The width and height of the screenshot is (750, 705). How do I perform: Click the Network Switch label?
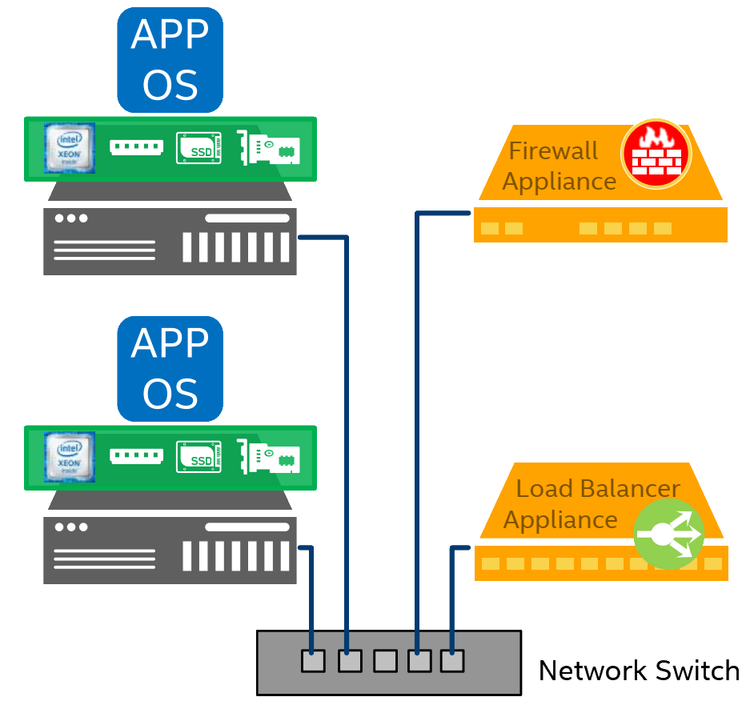pyautogui.click(x=639, y=671)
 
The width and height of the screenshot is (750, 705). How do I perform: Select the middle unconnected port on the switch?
pyautogui.click(x=385, y=661)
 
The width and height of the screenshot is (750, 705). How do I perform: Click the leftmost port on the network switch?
pyautogui.click(x=313, y=661)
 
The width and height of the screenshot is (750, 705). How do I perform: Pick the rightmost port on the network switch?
pyautogui.click(x=452, y=661)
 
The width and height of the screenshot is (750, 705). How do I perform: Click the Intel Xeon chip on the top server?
pyautogui.click(x=70, y=148)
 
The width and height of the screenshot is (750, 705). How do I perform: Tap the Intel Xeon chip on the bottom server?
pyautogui.click(x=70, y=457)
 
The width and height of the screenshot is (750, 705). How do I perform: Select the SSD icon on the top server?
pyautogui.click(x=199, y=149)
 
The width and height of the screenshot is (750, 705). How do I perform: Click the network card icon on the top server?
pyautogui.click(x=269, y=148)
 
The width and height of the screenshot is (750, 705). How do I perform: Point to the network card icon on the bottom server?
pyautogui.click(x=269, y=457)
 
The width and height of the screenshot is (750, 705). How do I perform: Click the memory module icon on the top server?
pyautogui.click(x=136, y=148)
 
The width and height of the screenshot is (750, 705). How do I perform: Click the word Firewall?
pyautogui.click(x=553, y=150)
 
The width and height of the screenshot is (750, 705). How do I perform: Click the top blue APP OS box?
pyautogui.click(x=170, y=60)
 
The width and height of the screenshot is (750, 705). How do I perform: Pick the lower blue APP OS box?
pyautogui.click(x=170, y=369)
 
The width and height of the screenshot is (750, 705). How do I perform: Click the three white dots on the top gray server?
pyautogui.click(x=70, y=218)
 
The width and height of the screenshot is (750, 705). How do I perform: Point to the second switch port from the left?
pyautogui.click(x=350, y=661)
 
